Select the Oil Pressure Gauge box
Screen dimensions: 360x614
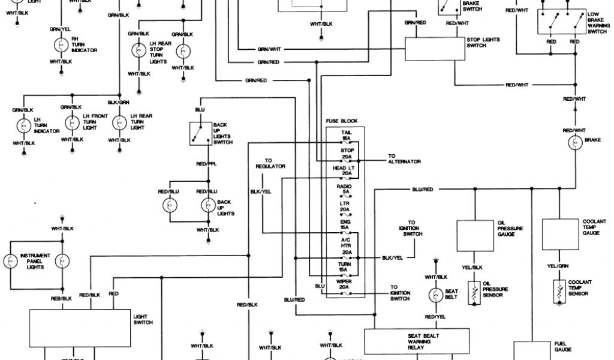(474, 235)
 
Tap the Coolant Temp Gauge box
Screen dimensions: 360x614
(560, 233)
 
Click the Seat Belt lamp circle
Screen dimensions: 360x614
(435, 295)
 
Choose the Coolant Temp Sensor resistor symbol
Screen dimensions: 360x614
(560, 290)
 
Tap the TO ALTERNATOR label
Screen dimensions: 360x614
(404, 159)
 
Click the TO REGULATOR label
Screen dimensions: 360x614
(270, 163)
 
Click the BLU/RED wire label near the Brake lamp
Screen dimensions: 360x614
(422, 190)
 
